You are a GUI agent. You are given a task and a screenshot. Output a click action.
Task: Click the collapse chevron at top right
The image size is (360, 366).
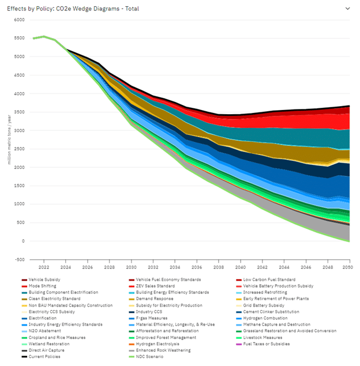347,9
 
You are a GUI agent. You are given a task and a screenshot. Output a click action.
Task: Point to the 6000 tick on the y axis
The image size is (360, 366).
20,20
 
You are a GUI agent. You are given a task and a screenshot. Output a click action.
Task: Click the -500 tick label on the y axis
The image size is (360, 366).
19,259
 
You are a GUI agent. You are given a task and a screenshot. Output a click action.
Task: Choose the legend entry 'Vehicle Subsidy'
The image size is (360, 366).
46,280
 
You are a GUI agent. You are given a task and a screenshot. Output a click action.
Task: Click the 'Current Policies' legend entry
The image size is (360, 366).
46,356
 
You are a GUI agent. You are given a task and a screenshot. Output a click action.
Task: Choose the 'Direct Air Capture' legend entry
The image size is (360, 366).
47,350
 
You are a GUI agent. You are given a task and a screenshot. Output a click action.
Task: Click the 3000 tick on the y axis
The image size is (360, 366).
20,130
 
